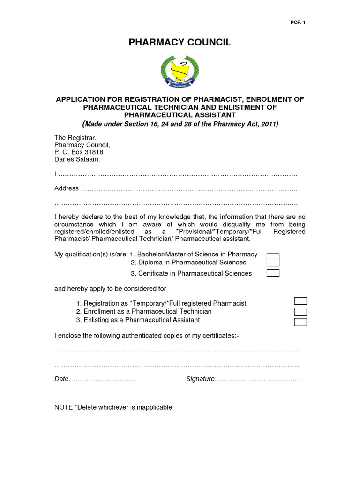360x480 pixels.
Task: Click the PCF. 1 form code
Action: point(299,22)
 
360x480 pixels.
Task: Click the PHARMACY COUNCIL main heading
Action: point(180,43)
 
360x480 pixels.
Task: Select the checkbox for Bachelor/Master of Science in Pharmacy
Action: point(273,256)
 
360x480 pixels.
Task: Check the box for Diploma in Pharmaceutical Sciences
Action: point(273,263)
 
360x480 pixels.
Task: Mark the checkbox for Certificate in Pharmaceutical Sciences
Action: point(273,273)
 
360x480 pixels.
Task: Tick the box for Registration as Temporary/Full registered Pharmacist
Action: point(300,301)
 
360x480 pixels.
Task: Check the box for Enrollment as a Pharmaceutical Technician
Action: point(300,312)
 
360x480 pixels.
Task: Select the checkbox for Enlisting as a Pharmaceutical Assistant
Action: point(300,322)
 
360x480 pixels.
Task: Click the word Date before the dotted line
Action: point(61,379)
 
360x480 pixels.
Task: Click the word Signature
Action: point(200,379)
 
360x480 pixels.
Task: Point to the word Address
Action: point(67,188)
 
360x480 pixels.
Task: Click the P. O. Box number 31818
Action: point(93,152)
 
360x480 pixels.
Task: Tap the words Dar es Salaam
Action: point(77,159)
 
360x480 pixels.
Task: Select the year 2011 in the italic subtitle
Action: point(268,124)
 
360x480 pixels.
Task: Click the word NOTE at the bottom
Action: point(63,407)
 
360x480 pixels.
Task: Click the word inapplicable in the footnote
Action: point(153,407)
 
